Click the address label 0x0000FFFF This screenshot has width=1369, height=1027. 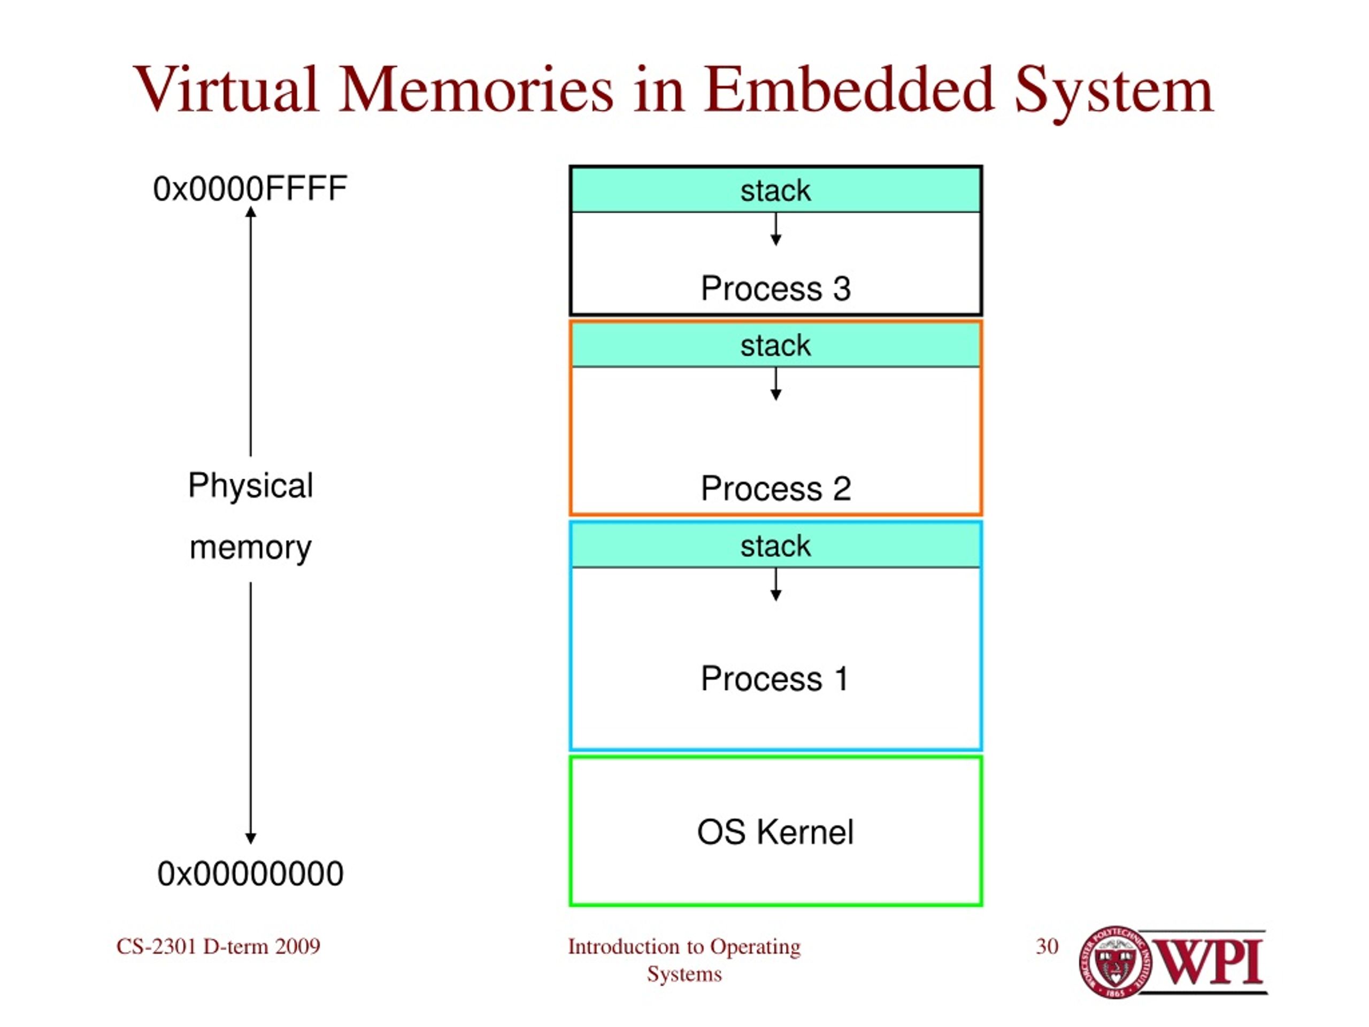click(x=250, y=189)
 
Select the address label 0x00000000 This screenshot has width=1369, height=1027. click(x=250, y=874)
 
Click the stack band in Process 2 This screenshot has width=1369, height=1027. click(x=775, y=346)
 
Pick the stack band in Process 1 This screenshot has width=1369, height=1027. click(x=775, y=546)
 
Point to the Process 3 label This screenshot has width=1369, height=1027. click(x=775, y=288)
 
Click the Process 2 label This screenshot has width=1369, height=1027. click(x=775, y=488)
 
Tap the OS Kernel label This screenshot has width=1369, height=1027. click(x=775, y=832)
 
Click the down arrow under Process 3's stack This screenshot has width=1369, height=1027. click(x=775, y=229)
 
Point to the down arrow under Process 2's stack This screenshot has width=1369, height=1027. click(x=775, y=384)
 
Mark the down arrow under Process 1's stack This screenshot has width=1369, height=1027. click(x=775, y=585)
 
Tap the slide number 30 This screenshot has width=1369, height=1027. click(x=1047, y=947)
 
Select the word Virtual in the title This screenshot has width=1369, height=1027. click(x=226, y=90)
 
